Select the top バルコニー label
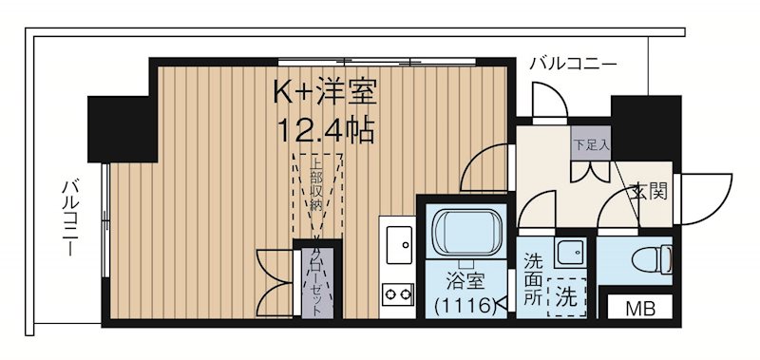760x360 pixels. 572,65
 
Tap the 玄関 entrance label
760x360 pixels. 649,191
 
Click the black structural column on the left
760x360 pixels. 121,128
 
